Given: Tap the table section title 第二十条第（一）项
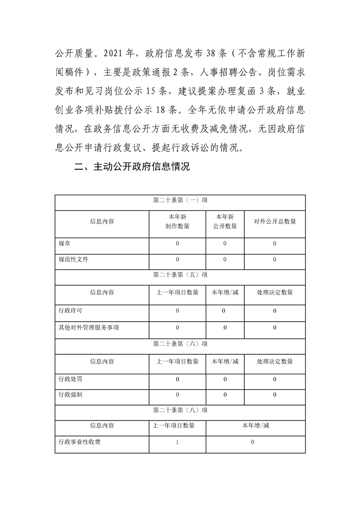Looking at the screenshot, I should [180, 200].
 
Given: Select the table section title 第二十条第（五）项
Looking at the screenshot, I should [180, 275].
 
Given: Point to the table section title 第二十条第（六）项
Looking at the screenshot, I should [180, 344].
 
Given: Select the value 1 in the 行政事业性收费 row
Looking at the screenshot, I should [178, 442].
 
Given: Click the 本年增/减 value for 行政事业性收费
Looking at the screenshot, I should [252, 442].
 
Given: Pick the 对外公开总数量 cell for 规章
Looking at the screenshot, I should [275, 244].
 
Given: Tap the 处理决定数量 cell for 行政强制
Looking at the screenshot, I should [275, 395].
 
